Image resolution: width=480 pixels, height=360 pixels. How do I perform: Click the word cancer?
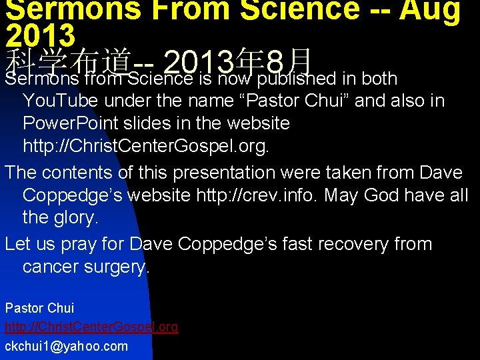[54, 267]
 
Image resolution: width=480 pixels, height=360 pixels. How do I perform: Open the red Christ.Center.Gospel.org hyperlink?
[91, 327]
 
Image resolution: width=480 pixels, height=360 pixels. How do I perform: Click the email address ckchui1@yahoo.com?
[66, 346]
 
